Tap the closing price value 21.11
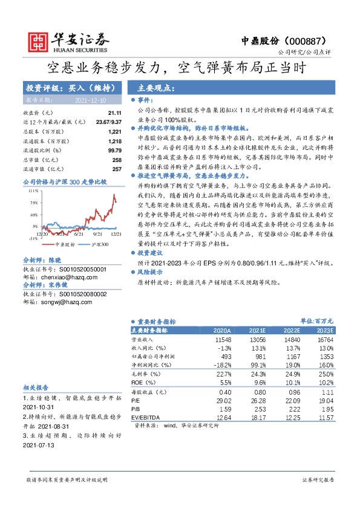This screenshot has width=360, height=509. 115,113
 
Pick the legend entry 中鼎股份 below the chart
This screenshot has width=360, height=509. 48,244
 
